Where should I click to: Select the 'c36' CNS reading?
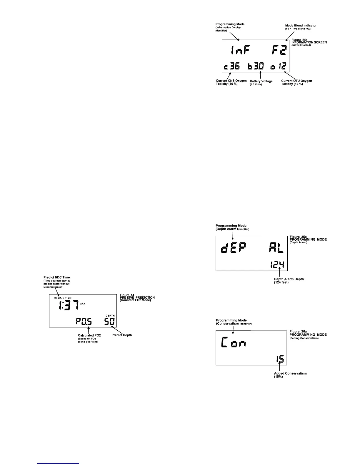tap(232, 67)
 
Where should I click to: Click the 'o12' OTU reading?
tap(279, 67)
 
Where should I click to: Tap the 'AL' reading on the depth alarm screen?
tap(276, 249)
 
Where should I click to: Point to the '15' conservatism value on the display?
tap(280, 360)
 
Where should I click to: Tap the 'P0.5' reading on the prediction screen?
tap(84, 322)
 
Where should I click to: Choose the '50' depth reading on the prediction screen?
tap(110, 322)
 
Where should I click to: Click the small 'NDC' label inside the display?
tap(83, 304)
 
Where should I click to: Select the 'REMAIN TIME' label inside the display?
tap(62, 298)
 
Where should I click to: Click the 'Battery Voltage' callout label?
tap(261, 81)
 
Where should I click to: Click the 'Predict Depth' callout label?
tap(122, 335)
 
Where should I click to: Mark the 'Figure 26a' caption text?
tap(299, 332)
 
